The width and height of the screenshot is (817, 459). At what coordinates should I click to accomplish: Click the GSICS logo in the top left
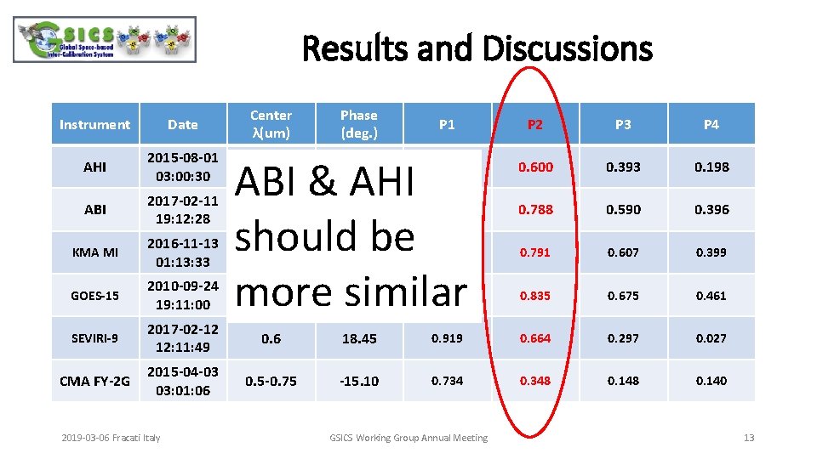pyautogui.click(x=105, y=39)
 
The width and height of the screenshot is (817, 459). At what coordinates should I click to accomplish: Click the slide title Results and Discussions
pyautogui.click(x=477, y=48)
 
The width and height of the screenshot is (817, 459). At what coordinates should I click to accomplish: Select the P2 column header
pyautogui.click(x=534, y=124)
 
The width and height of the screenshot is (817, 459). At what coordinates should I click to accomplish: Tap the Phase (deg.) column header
pyautogui.click(x=358, y=124)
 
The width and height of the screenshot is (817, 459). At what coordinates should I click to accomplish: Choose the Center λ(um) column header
pyautogui.click(x=271, y=124)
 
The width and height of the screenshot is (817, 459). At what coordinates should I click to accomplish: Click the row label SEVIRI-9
pyautogui.click(x=94, y=338)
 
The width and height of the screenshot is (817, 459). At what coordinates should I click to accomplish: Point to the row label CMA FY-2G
pyautogui.click(x=94, y=381)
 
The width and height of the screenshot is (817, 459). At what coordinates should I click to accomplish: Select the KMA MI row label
pyautogui.click(x=94, y=252)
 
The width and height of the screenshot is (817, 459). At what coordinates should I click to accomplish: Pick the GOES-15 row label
pyautogui.click(x=94, y=296)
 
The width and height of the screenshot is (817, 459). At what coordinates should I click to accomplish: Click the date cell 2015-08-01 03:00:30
pyautogui.click(x=182, y=167)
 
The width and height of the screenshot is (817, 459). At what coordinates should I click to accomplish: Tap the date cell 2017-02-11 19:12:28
pyautogui.click(x=182, y=210)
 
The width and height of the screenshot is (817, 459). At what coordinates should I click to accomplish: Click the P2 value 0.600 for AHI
pyautogui.click(x=535, y=167)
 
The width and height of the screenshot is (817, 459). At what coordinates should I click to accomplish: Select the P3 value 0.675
pyautogui.click(x=623, y=296)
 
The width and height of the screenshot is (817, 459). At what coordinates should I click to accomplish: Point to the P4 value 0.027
pyautogui.click(x=711, y=338)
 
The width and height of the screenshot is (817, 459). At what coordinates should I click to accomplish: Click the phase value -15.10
pyautogui.click(x=358, y=381)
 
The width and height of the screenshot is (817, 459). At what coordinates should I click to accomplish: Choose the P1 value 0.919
pyautogui.click(x=447, y=338)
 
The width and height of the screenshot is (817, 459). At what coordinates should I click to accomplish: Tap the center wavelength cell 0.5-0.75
pyautogui.click(x=271, y=381)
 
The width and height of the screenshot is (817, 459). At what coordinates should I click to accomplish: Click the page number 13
pyautogui.click(x=748, y=438)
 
